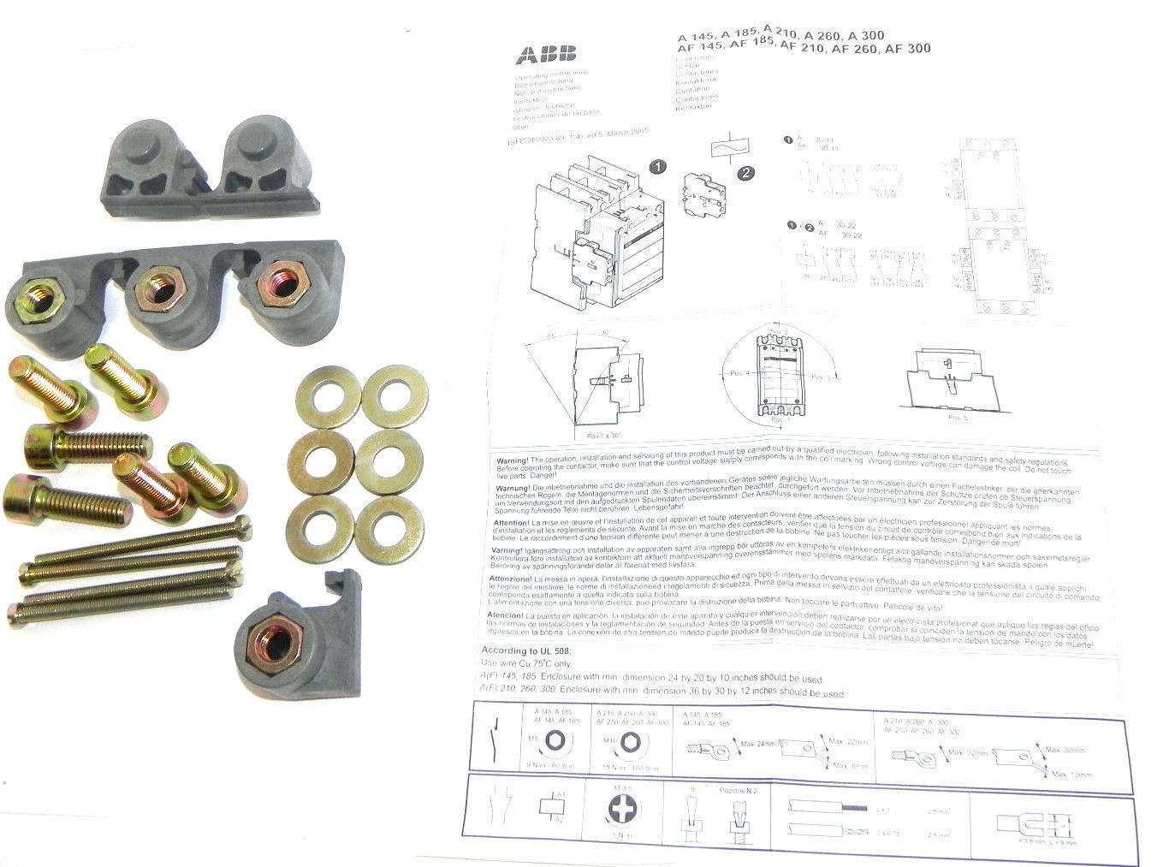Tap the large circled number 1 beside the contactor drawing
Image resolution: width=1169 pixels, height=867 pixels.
tap(657, 167)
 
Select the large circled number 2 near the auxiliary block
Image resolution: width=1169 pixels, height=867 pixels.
tap(745, 173)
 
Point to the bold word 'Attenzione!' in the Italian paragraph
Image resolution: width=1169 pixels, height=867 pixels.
tap(511, 579)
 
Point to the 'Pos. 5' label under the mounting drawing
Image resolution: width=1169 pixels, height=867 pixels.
tap(959, 418)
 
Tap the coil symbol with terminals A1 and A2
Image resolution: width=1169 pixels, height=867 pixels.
tap(551, 808)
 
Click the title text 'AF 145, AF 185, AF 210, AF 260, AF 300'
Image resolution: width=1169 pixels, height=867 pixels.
tap(804, 49)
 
